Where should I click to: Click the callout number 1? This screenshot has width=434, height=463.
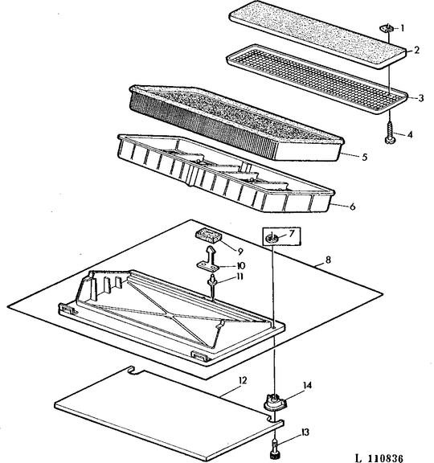413,27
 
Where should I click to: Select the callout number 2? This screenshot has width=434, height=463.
417,51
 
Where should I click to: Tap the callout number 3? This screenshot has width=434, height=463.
420,98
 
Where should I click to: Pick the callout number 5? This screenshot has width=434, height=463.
364,157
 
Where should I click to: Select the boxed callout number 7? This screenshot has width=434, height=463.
293,234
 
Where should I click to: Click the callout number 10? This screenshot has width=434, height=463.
240,265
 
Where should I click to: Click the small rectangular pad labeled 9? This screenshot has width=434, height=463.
208,236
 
